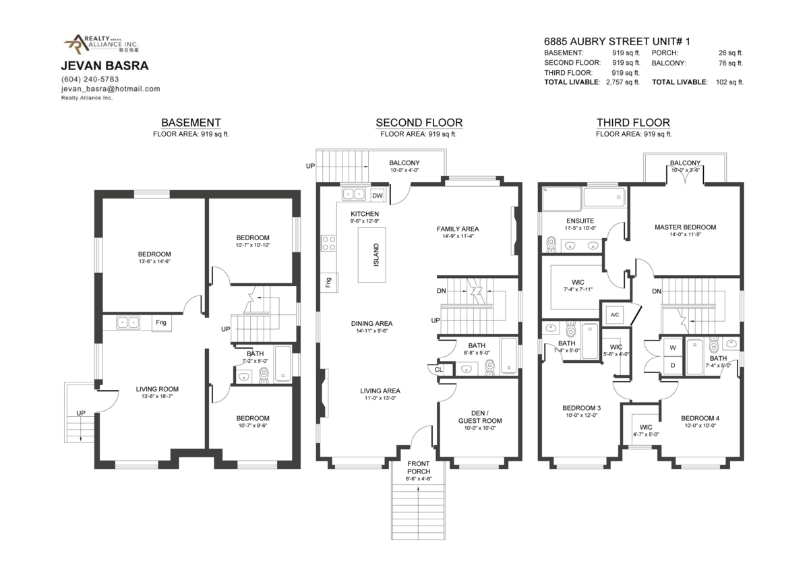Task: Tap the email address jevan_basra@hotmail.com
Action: (x=110, y=89)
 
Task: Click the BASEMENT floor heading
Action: (x=191, y=123)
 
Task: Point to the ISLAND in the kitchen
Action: (x=369, y=254)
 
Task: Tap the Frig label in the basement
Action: (x=161, y=323)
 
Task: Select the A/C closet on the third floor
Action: (x=615, y=314)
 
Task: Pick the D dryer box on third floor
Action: (x=672, y=366)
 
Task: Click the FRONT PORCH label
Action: (x=419, y=467)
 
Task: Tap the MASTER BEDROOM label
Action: (x=685, y=227)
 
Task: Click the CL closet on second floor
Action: (x=439, y=369)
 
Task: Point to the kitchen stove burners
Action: (x=329, y=243)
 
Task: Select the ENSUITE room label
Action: (x=580, y=221)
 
